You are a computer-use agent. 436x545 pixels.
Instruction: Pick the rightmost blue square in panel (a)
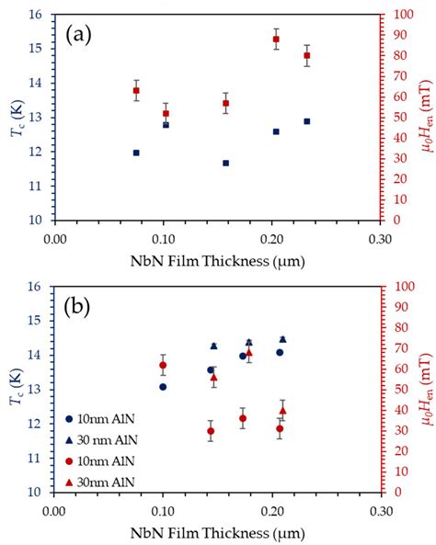307,121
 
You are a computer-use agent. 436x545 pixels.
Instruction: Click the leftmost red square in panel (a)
136,91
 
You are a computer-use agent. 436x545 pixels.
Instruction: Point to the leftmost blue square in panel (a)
136,153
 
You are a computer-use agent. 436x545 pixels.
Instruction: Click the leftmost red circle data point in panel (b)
163,365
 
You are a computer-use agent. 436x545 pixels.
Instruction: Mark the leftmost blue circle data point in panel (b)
163,387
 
